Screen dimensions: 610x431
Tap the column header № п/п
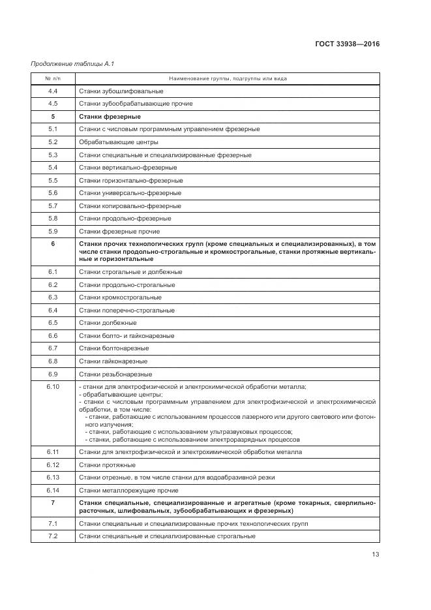tap(53, 78)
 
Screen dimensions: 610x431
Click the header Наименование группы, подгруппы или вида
tap(228, 78)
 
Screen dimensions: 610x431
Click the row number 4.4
tap(53, 91)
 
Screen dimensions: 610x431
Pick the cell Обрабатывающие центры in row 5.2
tap(118, 142)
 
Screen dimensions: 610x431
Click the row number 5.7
tap(53, 206)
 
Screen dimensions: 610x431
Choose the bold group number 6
tap(53, 243)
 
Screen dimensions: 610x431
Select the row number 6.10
tap(53, 387)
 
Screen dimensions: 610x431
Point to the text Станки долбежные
tap(108, 322)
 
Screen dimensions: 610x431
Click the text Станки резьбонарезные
tap(115, 374)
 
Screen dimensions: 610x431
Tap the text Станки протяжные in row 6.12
tap(107, 465)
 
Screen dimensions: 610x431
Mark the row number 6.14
tap(53, 490)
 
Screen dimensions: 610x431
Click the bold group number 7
tap(53, 503)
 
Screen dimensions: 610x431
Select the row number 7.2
tap(53, 536)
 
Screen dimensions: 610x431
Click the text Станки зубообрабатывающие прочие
tap(136, 103)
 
